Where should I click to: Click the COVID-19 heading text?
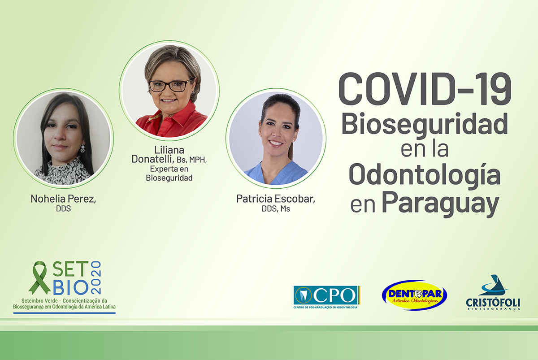click(x=425, y=89)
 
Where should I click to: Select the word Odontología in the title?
click(x=425, y=175)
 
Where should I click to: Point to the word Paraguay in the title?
click(x=440, y=204)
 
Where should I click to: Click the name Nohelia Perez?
click(x=63, y=199)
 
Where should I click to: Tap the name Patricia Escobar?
click(x=276, y=199)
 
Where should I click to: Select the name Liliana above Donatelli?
click(x=169, y=150)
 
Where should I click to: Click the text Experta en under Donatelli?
click(x=169, y=169)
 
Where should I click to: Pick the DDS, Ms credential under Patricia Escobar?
click(x=276, y=209)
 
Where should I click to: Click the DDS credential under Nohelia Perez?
click(x=63, y=209)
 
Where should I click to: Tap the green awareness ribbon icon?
click(x=39, y=278)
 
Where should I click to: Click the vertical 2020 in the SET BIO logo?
click(x=96, y=278)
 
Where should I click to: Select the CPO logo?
click(x=327, y=297)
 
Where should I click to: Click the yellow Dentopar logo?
click(x=414, y=295)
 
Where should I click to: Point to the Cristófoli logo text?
click(x=493, y=303)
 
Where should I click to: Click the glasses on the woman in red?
click(x=170, y=86)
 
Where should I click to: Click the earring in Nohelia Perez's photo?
click(x=82, y=148)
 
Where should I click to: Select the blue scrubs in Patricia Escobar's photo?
click(x=275, y=173)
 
